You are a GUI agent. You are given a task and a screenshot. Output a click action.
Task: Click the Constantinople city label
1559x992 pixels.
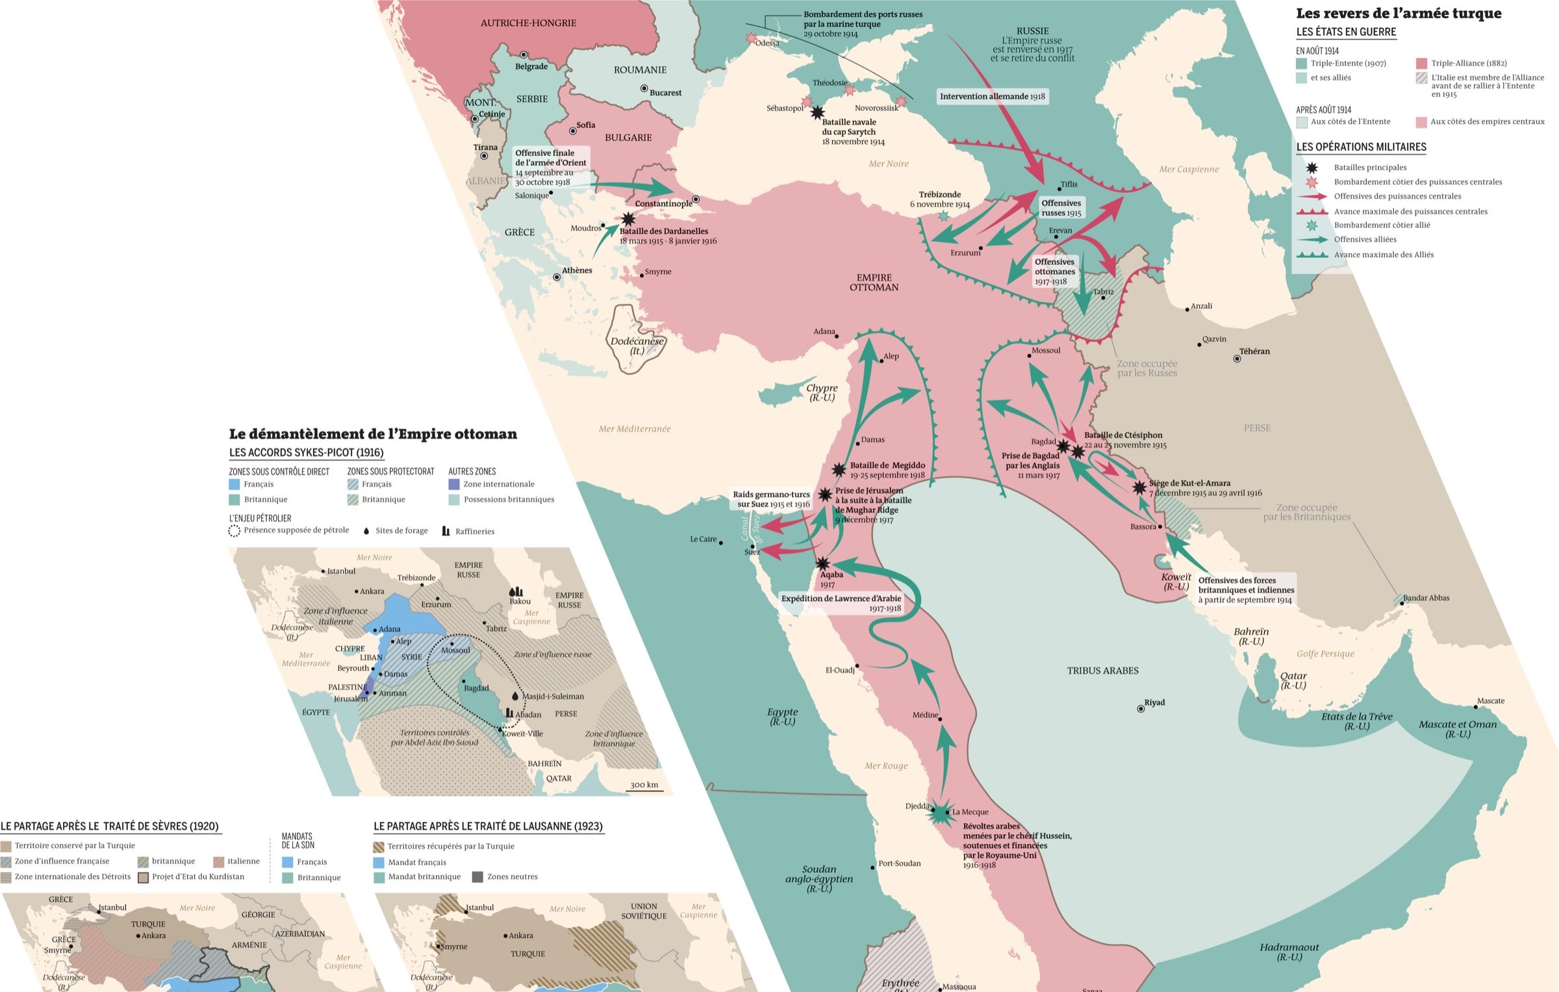[x=663, y=203]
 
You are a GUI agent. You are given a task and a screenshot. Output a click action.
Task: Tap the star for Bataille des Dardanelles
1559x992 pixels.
[x=627, y=220]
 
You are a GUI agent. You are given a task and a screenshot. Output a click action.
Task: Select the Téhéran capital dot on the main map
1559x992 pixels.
[x=1237, y=359]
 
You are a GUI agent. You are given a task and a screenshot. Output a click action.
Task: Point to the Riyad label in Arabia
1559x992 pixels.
[x=1154, y=702]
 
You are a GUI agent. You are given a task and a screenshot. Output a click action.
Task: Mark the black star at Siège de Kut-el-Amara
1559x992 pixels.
[x=1139, y=487]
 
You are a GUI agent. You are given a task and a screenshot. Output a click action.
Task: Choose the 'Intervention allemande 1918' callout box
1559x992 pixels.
[x=992, y=96]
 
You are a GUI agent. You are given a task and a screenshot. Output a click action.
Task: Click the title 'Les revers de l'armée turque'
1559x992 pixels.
[x=1399, y=13]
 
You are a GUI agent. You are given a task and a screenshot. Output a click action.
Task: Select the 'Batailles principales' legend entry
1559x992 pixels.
[x=1370, y=168]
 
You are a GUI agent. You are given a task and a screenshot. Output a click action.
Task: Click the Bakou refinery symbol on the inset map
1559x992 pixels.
[x=516, y=591]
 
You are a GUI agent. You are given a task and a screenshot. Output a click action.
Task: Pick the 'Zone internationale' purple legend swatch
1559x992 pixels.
[x=454, y=484]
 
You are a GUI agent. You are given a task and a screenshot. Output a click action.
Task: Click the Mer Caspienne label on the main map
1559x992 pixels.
[x=1189, y=169]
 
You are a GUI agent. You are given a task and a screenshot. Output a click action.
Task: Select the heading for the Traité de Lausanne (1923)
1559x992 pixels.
[x=488, y=826]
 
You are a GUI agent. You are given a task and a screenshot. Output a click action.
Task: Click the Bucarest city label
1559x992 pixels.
[x=665, y=92]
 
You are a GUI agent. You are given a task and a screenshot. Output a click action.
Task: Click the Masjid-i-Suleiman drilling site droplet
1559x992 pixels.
[x=515, y=696]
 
